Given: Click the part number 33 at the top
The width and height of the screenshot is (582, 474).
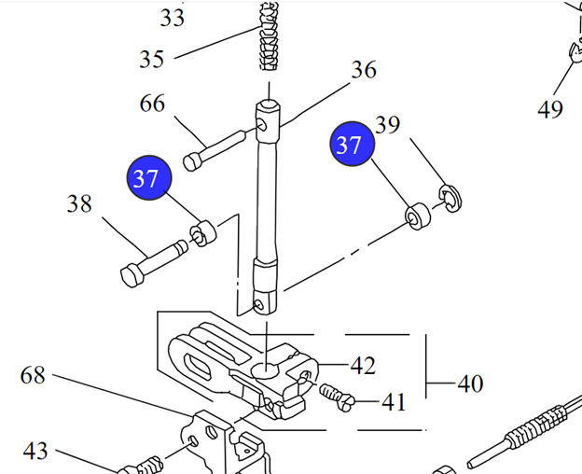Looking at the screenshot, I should click(172, 17).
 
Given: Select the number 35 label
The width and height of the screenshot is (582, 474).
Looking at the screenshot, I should click(151, 59).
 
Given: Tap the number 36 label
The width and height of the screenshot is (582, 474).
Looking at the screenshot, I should click(364, 70).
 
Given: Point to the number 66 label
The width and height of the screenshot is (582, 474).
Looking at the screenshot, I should click(152, 103).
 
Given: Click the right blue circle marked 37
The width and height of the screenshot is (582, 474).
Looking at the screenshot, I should click(350, 146).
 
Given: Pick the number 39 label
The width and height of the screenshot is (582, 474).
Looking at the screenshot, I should click(387, 125).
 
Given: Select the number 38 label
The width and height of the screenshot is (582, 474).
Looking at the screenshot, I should click(79, 203).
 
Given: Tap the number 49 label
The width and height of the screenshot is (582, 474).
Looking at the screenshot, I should click(550, 110).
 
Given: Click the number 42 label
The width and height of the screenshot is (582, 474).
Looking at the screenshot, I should click(363, 365).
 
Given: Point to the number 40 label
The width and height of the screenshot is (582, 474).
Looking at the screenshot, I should click(470, 383).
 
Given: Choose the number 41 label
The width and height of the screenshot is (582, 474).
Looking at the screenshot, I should click(394, 403).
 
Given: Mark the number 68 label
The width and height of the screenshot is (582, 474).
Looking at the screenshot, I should click(33, 376).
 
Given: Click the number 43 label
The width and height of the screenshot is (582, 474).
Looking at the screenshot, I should click(35, 452).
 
